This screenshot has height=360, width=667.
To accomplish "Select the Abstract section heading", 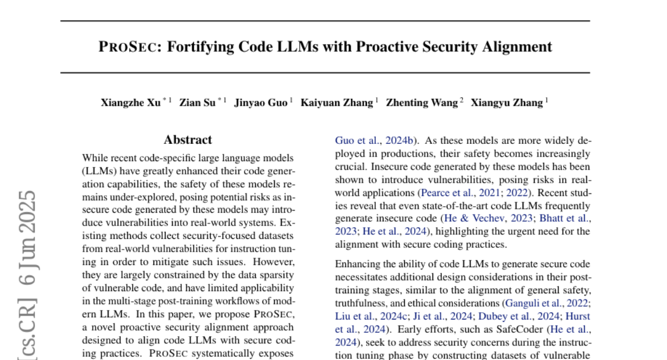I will tap(188, 140).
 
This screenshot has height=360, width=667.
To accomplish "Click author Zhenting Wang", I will tap(422, 102).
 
